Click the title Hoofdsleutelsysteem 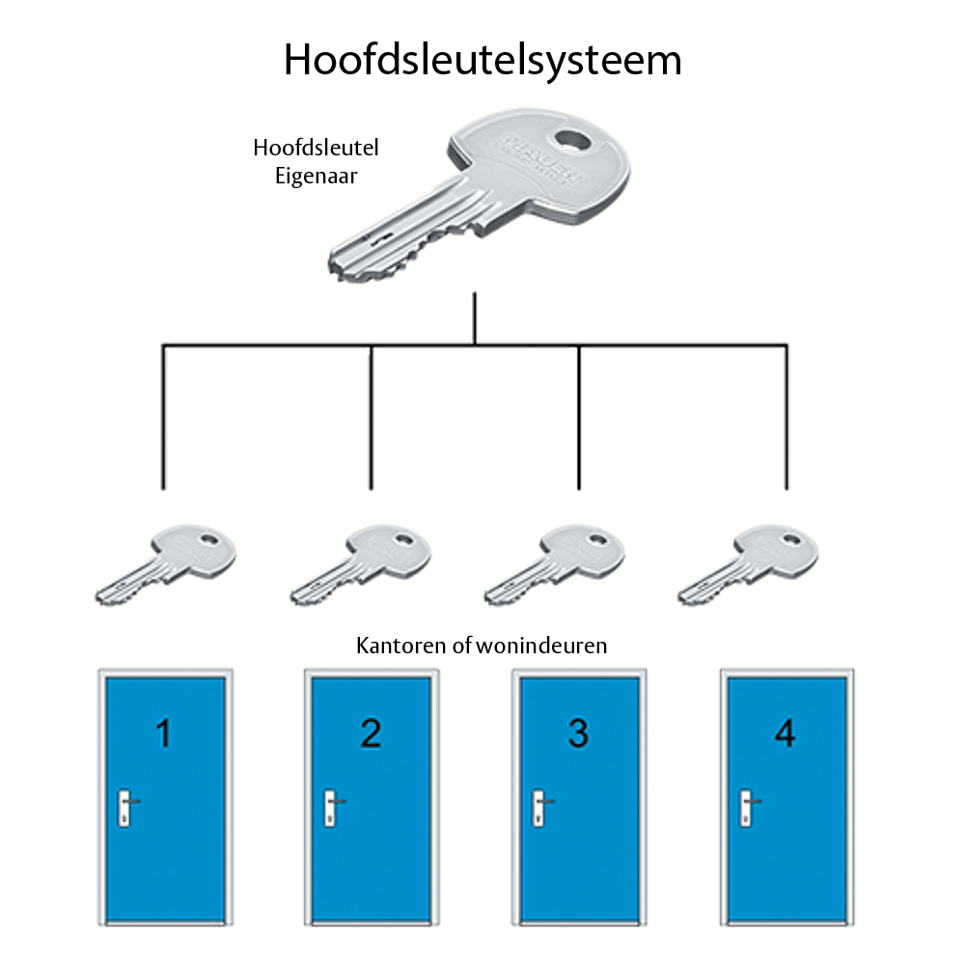pyautogui.click(x=482, y=60)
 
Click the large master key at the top pyautogui.click(x=482, y=193)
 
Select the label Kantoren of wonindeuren pyautogui.click(x=482, y=646)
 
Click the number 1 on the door pyautogui.click(x=163, y=734)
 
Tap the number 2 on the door pyautogui.click(x=371, y=734)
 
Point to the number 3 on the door pyautogui.click(x=578, y=734)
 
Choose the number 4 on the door pyautogui.click(x=785, y=734)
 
